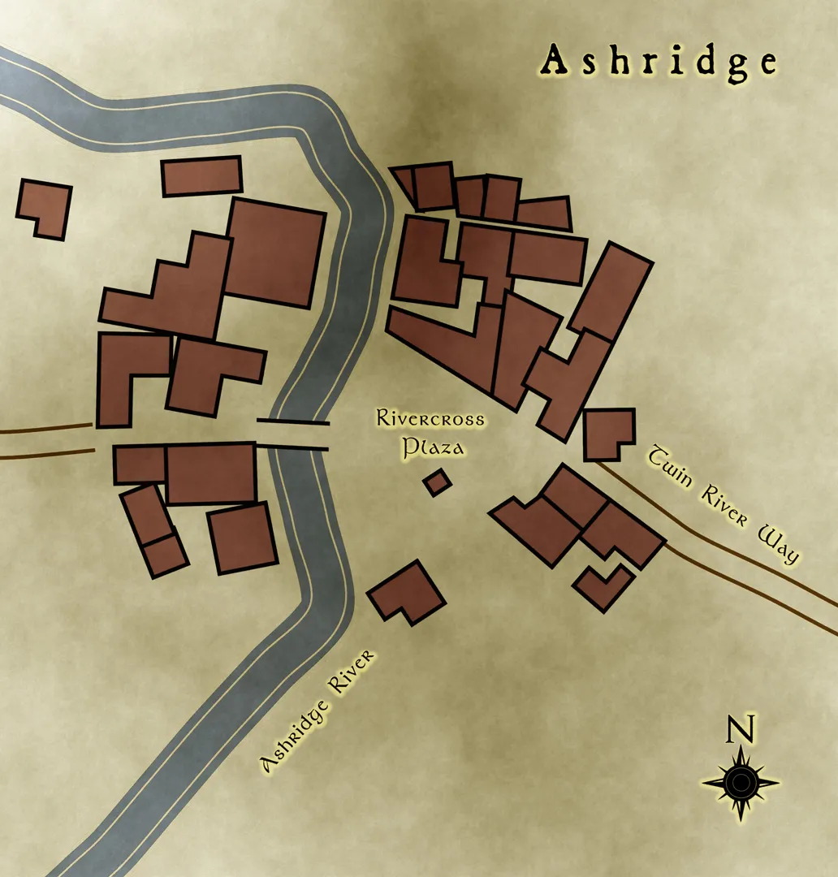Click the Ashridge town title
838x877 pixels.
click(659, 63)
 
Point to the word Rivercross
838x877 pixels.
click(430, 420)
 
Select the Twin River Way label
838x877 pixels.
click(723, 503)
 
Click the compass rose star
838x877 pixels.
click(741, 783)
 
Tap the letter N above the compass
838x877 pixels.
click(741, 729)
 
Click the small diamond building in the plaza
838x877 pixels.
click(437, 482)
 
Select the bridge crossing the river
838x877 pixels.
click(293, 434)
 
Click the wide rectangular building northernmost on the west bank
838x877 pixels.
click(202, 176)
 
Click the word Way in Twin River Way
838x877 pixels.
click(778, 546)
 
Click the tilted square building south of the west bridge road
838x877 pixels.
click(242, 538)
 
